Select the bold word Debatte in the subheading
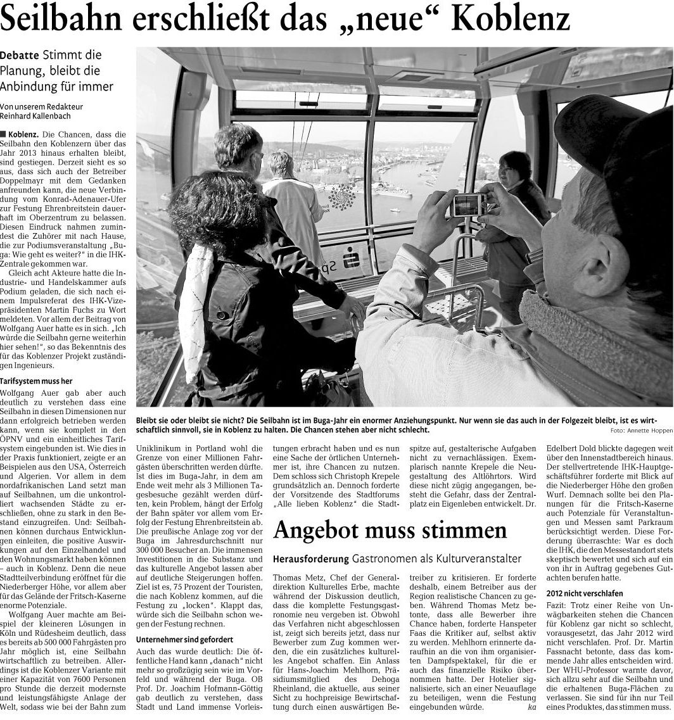point(18,56)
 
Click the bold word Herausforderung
point(311,559)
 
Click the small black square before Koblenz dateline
point(3,134)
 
